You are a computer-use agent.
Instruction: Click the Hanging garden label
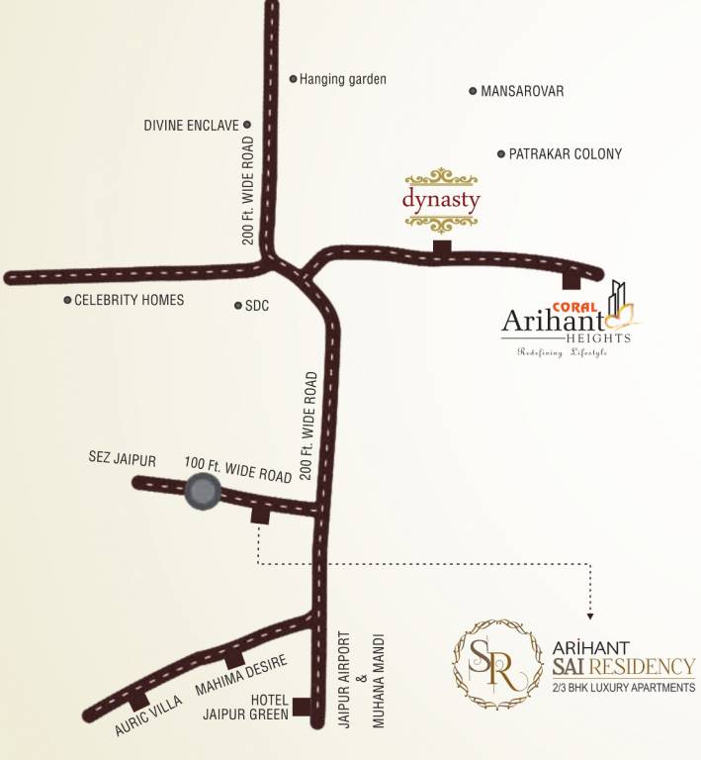tap(342, 79)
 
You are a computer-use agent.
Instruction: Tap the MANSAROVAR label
tap(522, 91)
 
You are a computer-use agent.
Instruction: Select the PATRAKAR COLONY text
tap(566, 154)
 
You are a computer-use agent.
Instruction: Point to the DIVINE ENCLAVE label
tap(191, 126)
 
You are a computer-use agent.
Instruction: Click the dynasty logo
tap(441, 198)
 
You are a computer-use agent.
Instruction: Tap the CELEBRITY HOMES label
tap(130, 300)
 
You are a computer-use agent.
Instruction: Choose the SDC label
tap(257, 306)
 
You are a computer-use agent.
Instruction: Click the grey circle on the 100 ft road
tap(203, 492)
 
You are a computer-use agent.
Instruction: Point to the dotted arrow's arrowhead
tap(590, 606)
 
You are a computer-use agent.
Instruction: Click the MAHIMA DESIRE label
tap(241, 675)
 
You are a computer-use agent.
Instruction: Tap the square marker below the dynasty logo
tap(442, 246)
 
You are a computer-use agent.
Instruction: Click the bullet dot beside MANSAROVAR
tap(473, 91)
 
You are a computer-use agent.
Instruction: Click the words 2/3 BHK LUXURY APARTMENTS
tap(620, 687)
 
